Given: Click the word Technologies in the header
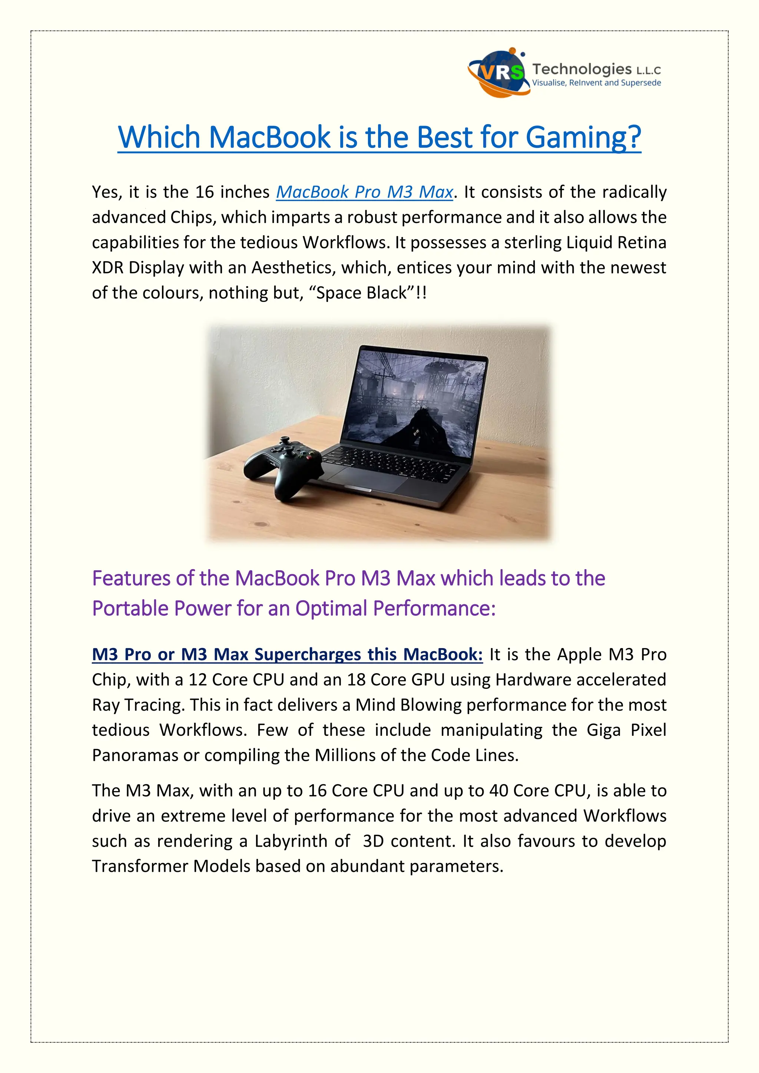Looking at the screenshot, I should pyautogui.click(x=582, y=69).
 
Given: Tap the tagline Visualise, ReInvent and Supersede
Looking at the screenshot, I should pyautogui.click(x=596, y=83).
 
